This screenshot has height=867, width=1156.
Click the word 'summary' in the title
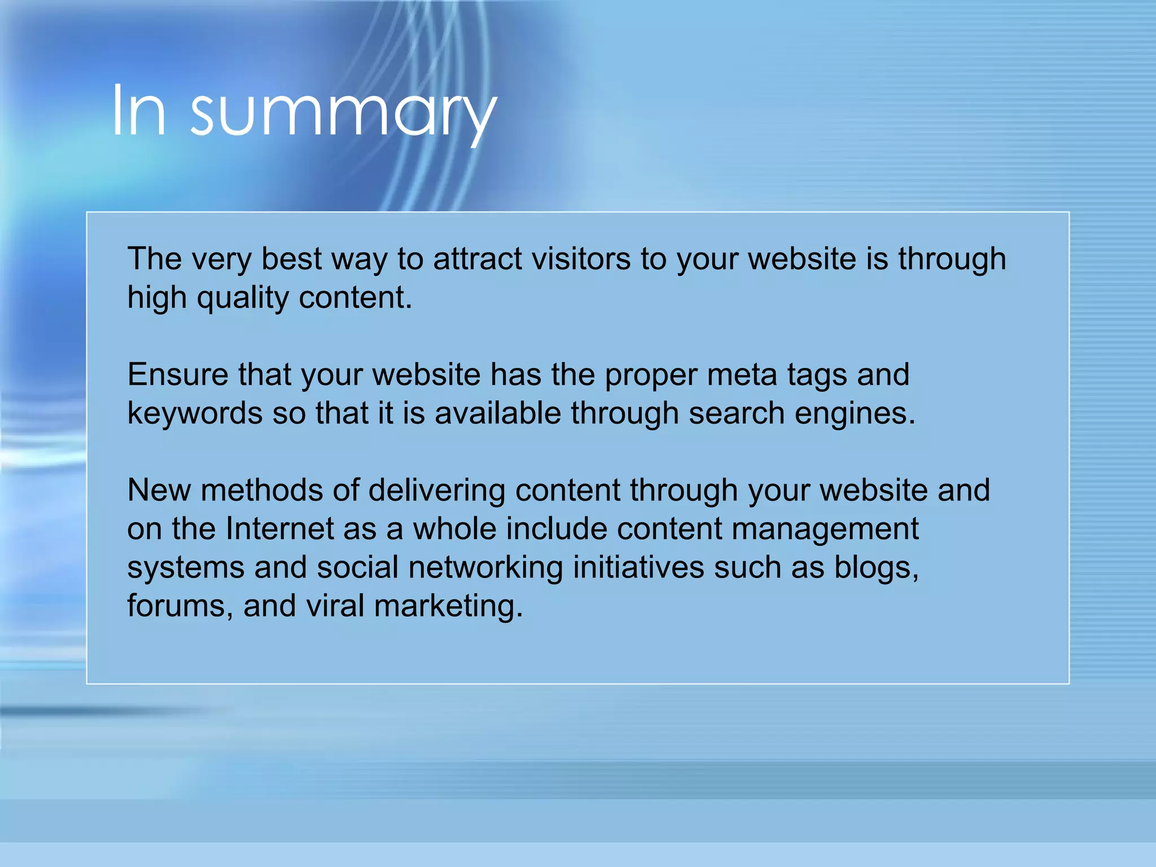tap(343, 113)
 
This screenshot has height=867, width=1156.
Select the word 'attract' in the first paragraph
tap(478, 259)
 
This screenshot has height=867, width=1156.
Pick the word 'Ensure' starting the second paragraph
tap(178, 375)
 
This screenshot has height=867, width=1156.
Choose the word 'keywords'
tap(195, 414)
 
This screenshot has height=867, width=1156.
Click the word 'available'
tap(497, 414)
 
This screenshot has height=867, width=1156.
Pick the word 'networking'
tap(485, 568)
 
